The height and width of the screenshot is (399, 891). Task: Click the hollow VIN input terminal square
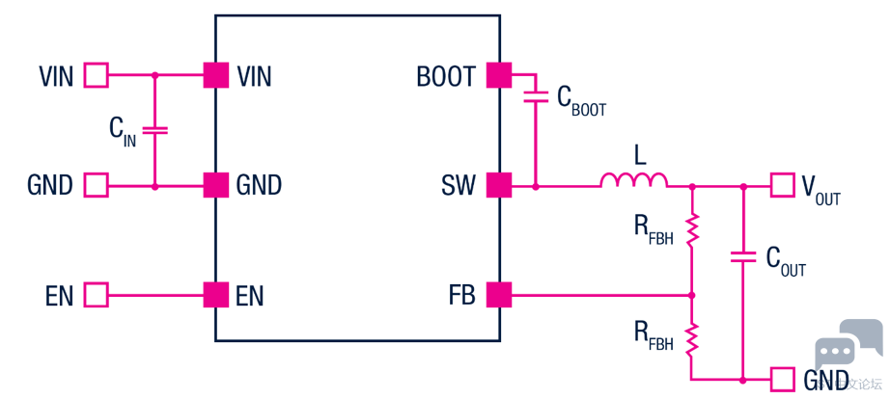coord(97,74)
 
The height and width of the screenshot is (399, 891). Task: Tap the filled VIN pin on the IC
coord(216,74)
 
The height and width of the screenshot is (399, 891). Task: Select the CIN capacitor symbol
coord(154,129)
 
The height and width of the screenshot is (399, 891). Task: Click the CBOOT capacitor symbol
coord(535,96)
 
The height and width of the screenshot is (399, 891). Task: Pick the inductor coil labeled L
coord(633,180)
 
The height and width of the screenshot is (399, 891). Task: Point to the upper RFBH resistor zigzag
coord(692,229)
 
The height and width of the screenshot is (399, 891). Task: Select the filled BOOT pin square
coord(498,74)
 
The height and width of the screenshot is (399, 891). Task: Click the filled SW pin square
coord(498,185)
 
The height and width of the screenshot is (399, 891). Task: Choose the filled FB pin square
coord(498,295)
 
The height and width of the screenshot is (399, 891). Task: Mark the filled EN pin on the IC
coord(216,295)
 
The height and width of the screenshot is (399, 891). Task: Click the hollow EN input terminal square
coord(97,295)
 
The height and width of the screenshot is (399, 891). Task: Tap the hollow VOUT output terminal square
coord(782,185)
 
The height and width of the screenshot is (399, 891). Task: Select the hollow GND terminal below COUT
coord(782,379)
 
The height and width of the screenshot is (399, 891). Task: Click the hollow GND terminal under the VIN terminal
coord(97,185)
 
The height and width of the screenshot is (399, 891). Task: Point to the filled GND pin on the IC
coord(216,185)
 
